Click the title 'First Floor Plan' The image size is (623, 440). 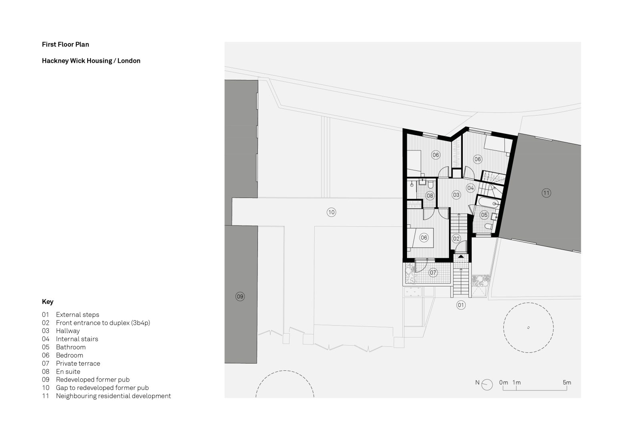[x=65, y=44]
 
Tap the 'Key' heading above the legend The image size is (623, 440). [x=47, y=302]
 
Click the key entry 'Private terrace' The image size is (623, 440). [x=78, y=363]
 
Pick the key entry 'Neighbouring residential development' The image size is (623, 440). [x=113, y=396]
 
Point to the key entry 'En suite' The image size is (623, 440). [x=68, y=372]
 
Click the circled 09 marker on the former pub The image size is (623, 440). [x=240, y=296]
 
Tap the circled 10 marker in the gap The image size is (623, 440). [x=331, y=212]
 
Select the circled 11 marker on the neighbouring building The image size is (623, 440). [x=546, y=193]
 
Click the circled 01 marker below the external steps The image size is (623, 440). [x=461, y=305]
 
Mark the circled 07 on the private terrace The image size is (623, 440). [x=433, y=273]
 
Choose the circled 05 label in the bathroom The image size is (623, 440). [x=484, y=215]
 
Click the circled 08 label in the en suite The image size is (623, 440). [x=430, y=196]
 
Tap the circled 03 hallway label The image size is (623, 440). [x=456, y=195]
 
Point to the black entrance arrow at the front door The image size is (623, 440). [x=461, y=256]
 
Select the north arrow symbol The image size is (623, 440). [x=487, y=384]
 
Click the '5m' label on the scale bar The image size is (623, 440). [x=567, y=382]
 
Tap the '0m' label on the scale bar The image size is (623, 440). [x=503, y=382]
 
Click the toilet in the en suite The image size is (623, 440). [x=430, y=185]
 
